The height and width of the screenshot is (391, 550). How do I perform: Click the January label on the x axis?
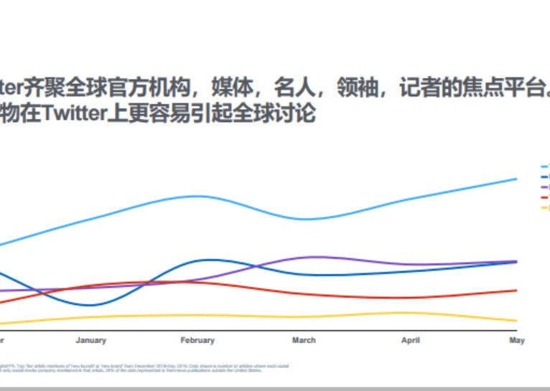pyautogui.click(x=90, y=340)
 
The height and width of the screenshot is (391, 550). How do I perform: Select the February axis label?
pyautogui.click(x=197, y=340)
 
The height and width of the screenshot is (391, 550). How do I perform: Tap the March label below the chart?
pyautogui.click(x=304, y=340)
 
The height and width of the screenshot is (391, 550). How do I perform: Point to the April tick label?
pyautogui.click(x=410, y=340)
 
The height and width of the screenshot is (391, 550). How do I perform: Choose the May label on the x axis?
pyautogui.click(x=517, y=340)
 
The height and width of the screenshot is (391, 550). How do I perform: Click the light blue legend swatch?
pyautogui.click(x=545, y=166)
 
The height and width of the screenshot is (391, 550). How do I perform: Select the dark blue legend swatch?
pyautogui.click(x=545, y=176)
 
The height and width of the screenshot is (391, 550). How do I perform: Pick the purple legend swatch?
pyautogui.click(x=545, y=187)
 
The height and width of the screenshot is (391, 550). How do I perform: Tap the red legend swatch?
pyautogui.click(x=545, y=197)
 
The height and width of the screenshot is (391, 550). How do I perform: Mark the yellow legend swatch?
pyautogui.click(x=545, y=207)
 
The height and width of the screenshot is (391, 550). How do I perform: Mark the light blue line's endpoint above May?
pyautogui.click(x=517, y=179)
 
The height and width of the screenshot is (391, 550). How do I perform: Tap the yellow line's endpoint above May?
pyautogui.click(x=517, y=321)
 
